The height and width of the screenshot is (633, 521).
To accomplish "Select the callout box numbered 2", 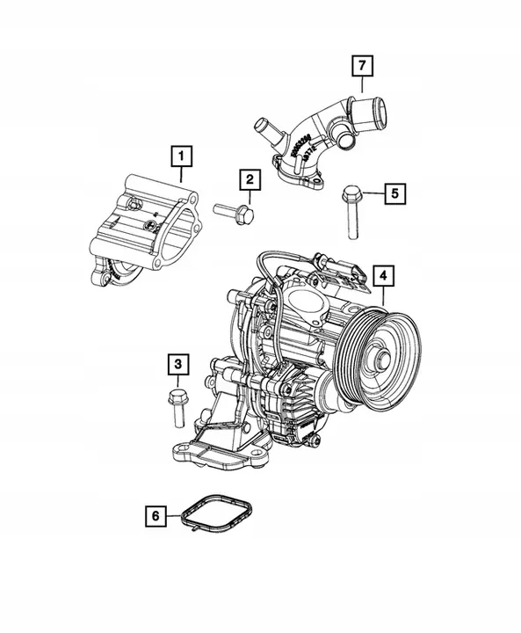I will tap(250, 180).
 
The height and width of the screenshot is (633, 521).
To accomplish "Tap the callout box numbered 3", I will tap(177, 363).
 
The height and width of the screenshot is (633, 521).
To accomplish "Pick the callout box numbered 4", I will tap(382, 275).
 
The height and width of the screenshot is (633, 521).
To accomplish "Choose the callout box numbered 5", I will tap(394, 192).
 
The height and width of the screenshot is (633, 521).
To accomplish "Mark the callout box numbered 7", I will tap(360, 65).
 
